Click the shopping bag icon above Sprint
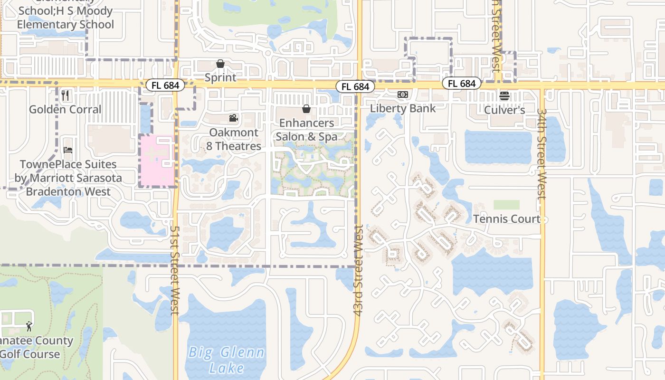click(x=220, y=64)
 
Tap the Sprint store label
click(x=220, y=77)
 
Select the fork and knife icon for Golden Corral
click(x=66, y=95)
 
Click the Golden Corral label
click(x=66, y=109)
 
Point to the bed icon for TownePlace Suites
click(x=68, y=151)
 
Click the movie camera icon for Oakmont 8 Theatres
click(x=233, y=118)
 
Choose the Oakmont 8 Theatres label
click(x=234, y=139)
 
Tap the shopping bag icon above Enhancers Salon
click(x=306, y=109)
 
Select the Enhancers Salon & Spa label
click(x=306, y=130)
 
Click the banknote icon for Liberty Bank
click(x=403, y=95)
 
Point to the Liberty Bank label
click(x=403, y=108)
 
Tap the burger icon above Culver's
click(x=504, y=96)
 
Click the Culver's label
click(x=504, y=110)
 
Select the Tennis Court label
click(x=507, y=219)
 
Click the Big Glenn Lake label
click(x=226, y=360)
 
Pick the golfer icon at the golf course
click(x=29, y=326)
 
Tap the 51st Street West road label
click(x=174, y=269)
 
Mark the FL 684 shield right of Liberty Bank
click(x=461, y=84)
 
